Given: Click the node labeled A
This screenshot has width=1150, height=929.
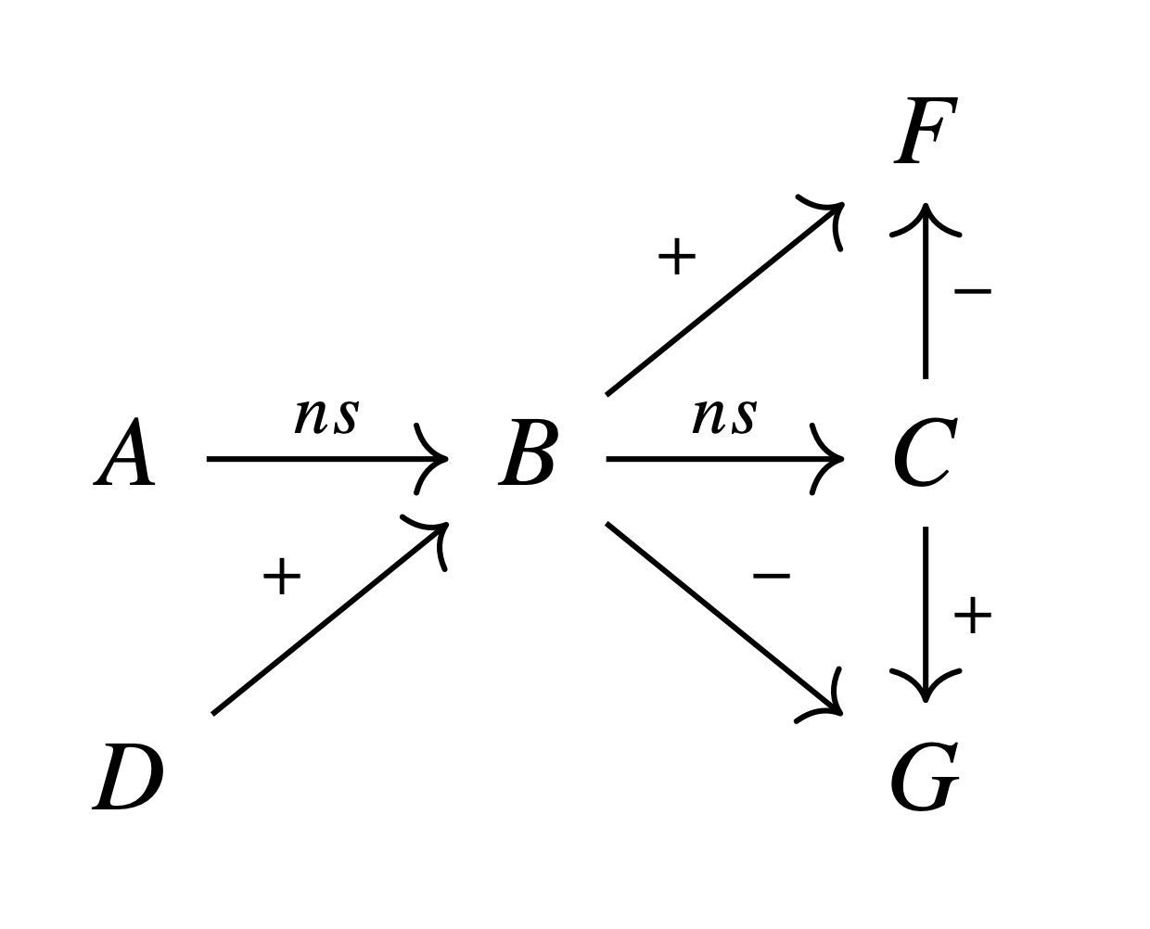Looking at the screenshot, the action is (x=124, y=452).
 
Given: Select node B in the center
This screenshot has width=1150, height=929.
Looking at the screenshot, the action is (x=528, y=452).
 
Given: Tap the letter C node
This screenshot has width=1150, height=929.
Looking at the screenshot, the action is (x=925, y=452).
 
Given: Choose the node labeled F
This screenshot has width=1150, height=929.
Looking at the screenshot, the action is (x=926, y=131).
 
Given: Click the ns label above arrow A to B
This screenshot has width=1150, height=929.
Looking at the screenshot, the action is (x=326, y=416).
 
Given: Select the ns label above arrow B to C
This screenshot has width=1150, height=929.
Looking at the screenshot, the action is (x=724, y=416).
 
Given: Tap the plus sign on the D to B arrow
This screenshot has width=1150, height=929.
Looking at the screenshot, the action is (x=281, y=577).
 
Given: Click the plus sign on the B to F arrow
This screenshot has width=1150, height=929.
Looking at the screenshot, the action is (x=676, y=256).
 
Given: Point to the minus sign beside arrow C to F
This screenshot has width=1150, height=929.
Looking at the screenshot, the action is (x=972, y=291).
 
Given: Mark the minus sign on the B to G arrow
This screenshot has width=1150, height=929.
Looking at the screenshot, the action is (x=771, y=577).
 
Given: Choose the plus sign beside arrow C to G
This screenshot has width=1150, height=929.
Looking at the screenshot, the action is (x=972, y=615).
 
